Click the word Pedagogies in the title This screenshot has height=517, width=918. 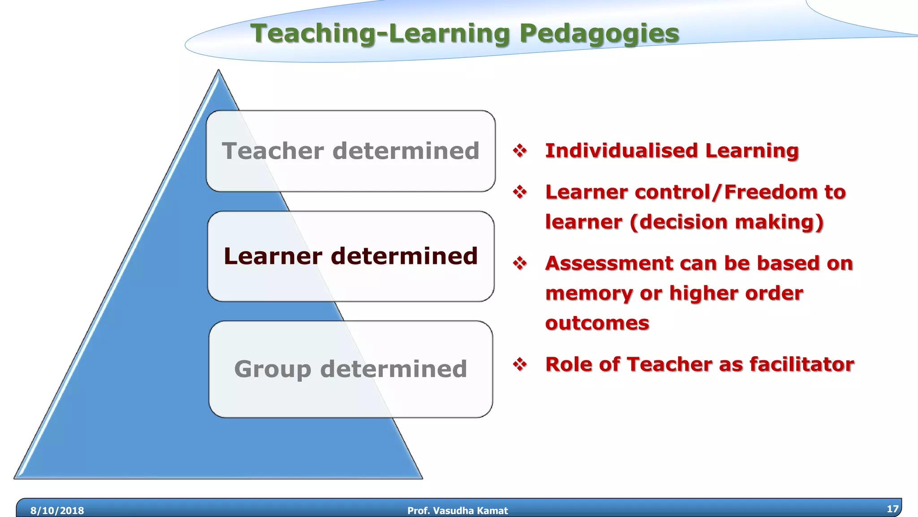pyautogui.click(x=599, y=34)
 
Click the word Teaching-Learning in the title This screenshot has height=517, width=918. pyautogui.click(x=380, y=34)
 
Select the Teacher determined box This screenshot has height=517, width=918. pyautogui.click(x=351, y=151)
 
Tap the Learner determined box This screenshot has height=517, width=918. pyautogui.click(x=351, y=256)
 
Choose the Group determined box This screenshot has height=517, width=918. pyautogui.click(x=351, y=369)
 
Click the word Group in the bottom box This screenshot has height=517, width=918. pyautogui.click(x=273, y=369)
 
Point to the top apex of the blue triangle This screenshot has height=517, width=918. pyautogui.click(x=218, y=71)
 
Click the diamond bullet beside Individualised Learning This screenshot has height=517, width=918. pyautogui.click(x=520, y=150)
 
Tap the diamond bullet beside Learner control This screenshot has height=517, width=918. pyautogui.click(x=520, y=192)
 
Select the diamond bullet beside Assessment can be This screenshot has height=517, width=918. pyautogui.click(x=520, y=263)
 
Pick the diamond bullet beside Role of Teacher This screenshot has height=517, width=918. pyautogui.click(x=520, y=364)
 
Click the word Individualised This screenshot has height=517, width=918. pyautogui.click(x=621, y=150)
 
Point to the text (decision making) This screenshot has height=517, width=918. pyautogui.click(x=727, y=222)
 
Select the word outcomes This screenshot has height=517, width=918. pyautogui.click(x=597, y=323)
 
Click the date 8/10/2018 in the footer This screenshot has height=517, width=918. pyautogui.click(x=57, y=510)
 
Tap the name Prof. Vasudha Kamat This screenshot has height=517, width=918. pyautogui.click(x=458, y=510)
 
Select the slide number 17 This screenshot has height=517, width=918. pyautogui.click(x=892, y=508)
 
